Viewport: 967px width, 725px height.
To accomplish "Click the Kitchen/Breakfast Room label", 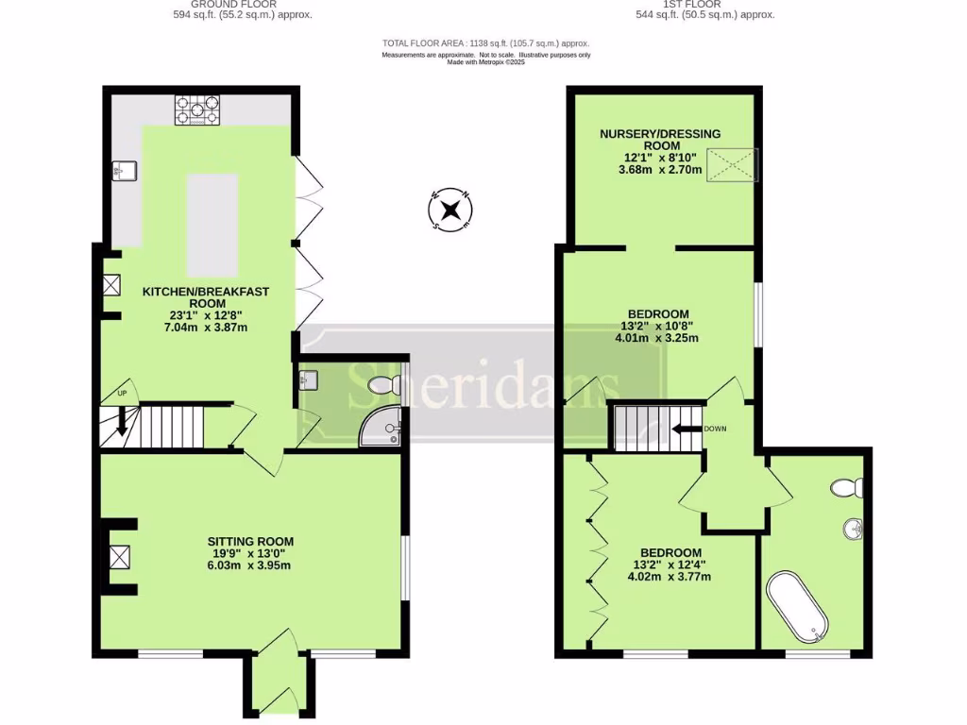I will click(205, 297).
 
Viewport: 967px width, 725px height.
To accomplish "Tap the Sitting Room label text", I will click(248, 541).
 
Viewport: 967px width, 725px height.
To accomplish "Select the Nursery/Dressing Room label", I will click(652, 140).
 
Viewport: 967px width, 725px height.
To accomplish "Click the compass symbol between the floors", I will click(451, 209).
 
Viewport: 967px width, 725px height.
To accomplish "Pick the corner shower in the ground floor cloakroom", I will click(382, 426).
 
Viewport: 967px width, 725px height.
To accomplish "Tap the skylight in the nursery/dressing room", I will click(735, 167).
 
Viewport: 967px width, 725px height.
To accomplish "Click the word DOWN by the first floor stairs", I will click(715, 429).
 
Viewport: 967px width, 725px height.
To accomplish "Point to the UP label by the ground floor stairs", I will click(121, 393).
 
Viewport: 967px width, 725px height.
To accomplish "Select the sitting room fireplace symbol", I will click(119, 557).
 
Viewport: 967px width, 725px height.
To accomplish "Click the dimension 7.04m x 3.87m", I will click(207, 328).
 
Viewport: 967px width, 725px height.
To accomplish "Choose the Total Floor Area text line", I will click(485, 43).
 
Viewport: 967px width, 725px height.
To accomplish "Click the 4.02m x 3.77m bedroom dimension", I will click(670, 576).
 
